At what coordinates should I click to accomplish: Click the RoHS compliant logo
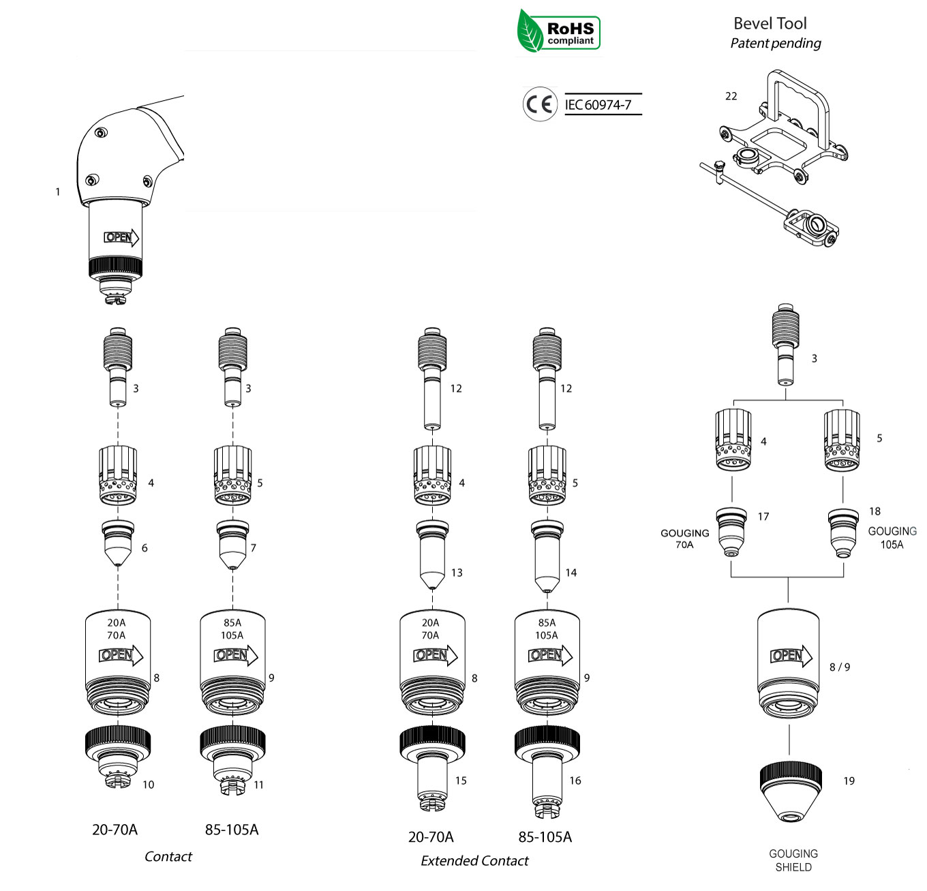tap(558, 31)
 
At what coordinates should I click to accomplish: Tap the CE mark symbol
tap(540, 104)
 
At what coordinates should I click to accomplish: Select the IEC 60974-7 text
tap(598, 105)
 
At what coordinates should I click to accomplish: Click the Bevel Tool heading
tap(770, 23)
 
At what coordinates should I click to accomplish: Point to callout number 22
tap(731, 96)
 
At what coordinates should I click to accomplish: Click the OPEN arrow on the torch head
tap(121, 237)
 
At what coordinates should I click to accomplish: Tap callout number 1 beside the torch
tap(58, 192)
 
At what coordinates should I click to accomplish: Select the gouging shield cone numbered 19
tap(790, 792)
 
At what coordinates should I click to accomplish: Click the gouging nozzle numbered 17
tap(731, 532)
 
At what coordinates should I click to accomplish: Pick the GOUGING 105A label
tap(892, 538)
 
